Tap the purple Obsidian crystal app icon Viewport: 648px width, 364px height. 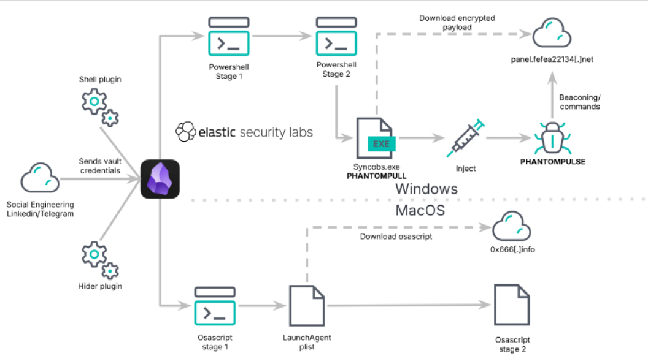coord(160,179)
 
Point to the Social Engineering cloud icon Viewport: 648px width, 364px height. coord(40,178)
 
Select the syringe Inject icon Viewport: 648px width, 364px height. coord(466,138)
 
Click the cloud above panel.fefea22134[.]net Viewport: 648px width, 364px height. coord(552,33)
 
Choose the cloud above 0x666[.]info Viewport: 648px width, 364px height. coord(512,226)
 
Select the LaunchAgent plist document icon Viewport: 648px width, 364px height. coord(307,305)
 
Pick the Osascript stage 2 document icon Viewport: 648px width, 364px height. coord(512,305)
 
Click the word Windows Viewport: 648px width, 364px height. coord(426,188)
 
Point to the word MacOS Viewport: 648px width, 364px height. coord(420,210)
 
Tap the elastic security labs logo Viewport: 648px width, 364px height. coord(244,131)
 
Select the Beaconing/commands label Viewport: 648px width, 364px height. coord(579,102)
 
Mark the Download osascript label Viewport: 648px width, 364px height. coord(396,236)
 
